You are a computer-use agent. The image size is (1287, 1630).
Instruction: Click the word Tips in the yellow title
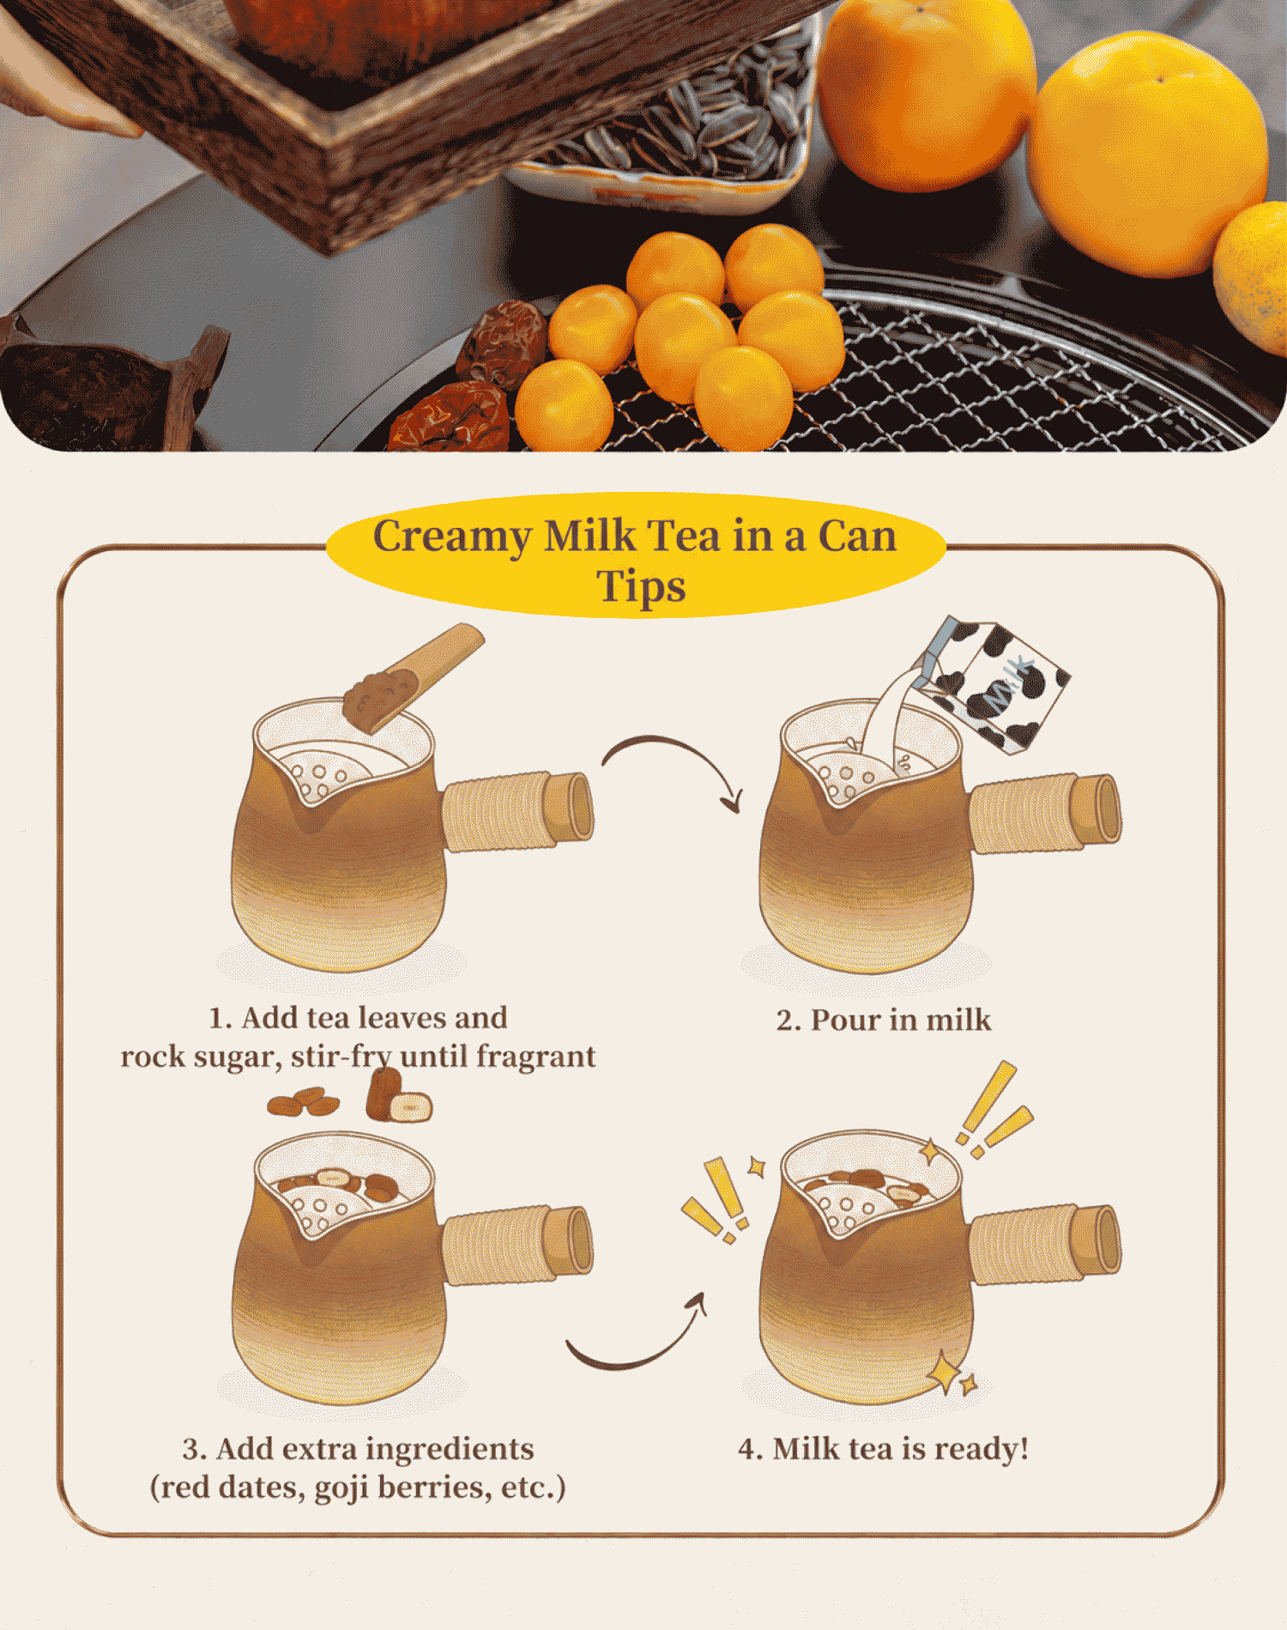point(641,587)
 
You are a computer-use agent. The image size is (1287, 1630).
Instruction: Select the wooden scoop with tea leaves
point(413,677)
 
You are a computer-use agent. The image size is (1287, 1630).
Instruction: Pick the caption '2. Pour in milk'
point(884,1020)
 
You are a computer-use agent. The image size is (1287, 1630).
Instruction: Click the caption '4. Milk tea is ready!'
point(884,1449)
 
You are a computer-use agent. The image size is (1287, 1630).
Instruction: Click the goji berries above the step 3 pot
point(303,1101)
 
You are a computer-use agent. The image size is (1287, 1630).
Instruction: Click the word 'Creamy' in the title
point(452,537)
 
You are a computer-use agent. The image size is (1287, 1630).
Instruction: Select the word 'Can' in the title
point(857,536)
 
